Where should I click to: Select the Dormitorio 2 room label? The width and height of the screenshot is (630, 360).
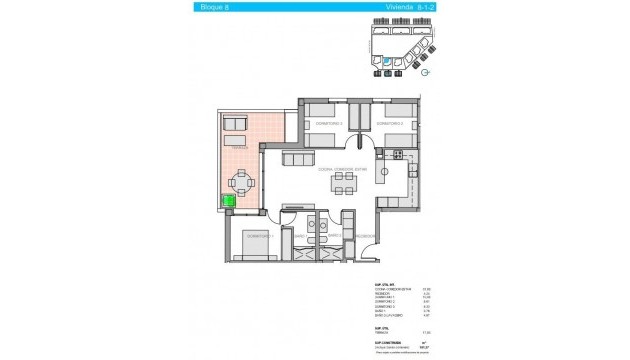(x=329, y=123)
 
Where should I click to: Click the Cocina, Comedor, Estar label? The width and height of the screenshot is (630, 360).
(x=343, y=169)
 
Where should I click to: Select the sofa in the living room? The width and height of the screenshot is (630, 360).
(x=298, y=159)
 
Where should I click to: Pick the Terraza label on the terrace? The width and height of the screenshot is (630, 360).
(x=236, y=148)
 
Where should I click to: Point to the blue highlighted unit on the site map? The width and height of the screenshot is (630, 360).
(x=387, y=60)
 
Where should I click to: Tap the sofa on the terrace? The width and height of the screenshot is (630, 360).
(x=237, y=123)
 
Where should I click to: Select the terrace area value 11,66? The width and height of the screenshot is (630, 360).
(x=424, y=331)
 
